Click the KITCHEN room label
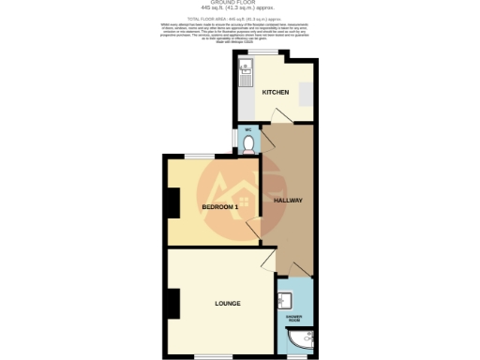pos(275,93)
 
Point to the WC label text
pos(247,129)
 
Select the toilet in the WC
pos(247,143)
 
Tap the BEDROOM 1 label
pos(222,207)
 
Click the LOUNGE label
pos(227,304)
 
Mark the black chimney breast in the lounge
pos(172,301)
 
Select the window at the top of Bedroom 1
pos(198,156)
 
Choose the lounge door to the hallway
pos(269,260)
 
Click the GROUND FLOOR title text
pos(239,3)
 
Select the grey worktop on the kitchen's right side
pos(306,94)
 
